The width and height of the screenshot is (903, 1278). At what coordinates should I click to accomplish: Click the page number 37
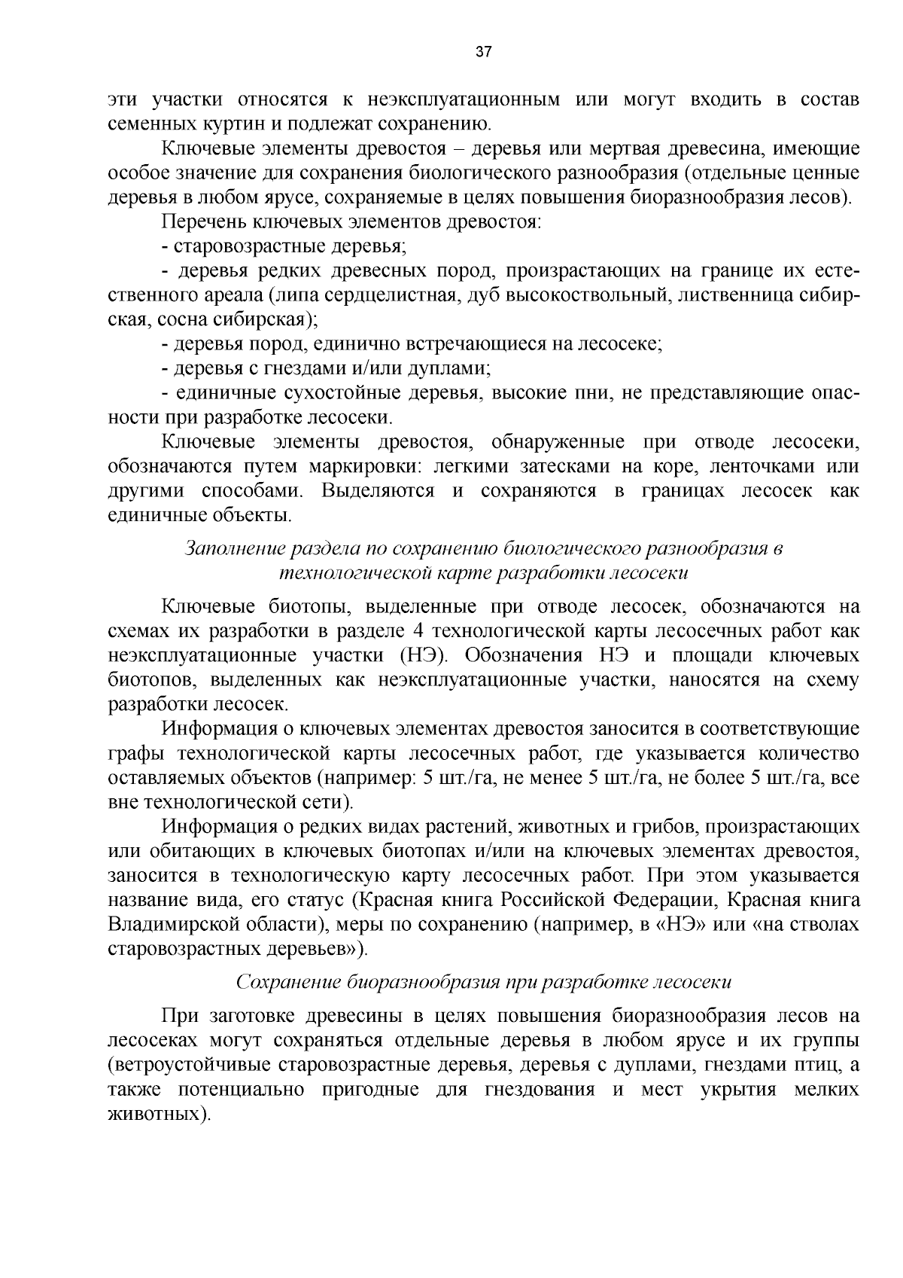483,52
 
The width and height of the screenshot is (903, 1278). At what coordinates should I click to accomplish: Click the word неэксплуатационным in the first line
464,100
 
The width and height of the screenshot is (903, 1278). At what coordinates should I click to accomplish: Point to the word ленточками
759,466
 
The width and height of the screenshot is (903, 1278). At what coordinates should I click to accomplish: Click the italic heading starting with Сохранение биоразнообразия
483,983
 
